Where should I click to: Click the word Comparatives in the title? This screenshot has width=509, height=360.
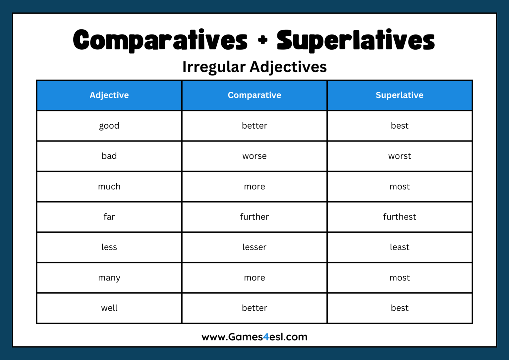coord(160,40)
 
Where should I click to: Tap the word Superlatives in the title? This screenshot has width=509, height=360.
coord(356,40)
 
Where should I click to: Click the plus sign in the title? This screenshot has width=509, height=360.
coord(262,40)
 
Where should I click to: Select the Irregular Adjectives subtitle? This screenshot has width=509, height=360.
coord(254,67)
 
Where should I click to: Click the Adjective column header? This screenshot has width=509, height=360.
coord(109,95)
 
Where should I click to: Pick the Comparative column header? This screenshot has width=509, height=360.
coord(254,95)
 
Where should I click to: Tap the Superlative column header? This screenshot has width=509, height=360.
coord(399,95)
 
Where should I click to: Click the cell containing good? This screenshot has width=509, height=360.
coord(109,126)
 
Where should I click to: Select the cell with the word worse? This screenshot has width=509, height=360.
coord(254,156)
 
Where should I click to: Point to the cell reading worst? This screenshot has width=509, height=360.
coord(399,156)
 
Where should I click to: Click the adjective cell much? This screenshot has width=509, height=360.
coord(109,187)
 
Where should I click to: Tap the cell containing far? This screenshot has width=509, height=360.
coord(109,217)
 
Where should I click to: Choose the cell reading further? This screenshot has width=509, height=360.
coord(254,217)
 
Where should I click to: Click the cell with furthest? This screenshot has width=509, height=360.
coord(399,217)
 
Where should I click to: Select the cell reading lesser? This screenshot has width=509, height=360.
coord(254,247)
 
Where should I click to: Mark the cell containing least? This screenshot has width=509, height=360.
coord(399,247)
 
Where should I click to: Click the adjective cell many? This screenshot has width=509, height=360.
coord(109,278)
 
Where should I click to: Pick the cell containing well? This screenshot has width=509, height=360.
coord(109,308)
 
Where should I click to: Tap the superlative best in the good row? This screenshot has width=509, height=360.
coord(399,126)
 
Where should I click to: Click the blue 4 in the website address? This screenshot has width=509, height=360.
coord(266,337)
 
